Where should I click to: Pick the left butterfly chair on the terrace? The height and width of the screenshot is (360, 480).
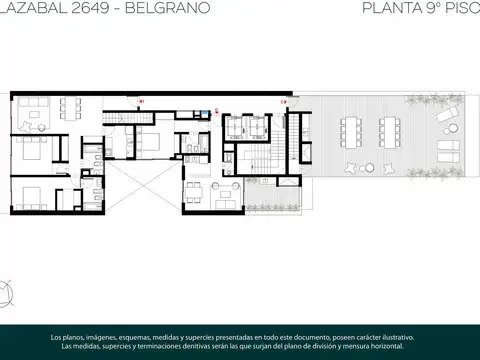349,168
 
